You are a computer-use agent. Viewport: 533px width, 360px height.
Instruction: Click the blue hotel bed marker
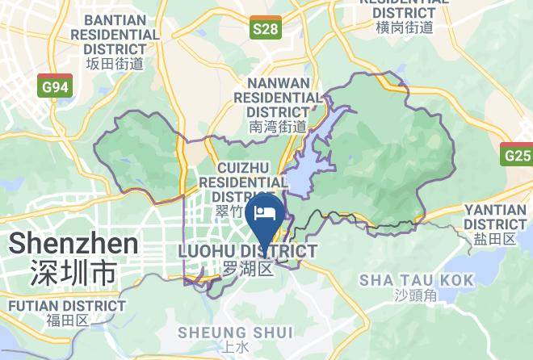point(265,213)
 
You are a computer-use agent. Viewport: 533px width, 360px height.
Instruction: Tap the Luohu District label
point(247,252)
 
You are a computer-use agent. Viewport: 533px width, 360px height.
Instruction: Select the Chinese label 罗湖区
point(247,268)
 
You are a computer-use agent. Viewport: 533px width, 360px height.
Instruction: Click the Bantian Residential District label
point(115,35)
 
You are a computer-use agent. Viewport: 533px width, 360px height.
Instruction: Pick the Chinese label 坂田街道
point(115,63)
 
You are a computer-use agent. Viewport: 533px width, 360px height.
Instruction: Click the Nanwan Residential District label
point(279,97)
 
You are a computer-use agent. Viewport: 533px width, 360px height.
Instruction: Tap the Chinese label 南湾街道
point(279,126)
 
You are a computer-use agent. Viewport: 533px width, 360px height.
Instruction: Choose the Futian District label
point(66,306)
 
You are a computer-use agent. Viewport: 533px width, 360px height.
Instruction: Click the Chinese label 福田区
point(66,320)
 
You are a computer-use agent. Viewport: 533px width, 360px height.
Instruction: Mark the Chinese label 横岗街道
point(405,27)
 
